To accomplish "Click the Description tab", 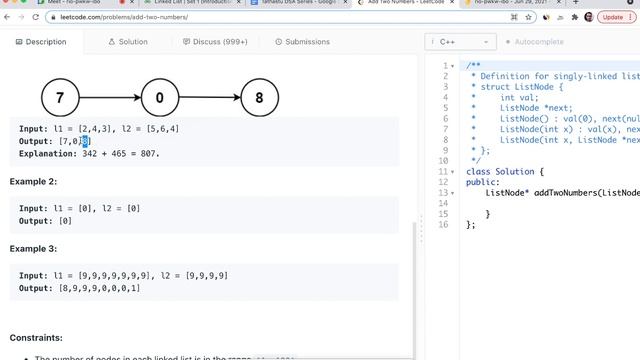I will coord(41,42).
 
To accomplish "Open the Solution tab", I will coord(128,42).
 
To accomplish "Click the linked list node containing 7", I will coord(60,98).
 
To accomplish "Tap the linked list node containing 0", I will coord(160,98).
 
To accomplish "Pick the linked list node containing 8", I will coord(260,98).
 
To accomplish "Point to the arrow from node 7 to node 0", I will coord(110,98).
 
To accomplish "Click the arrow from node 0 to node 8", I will coord(210,98).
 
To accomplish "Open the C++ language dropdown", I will coord(461,42).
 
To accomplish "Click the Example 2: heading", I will coord(33,181).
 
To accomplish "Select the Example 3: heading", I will coord(33,248).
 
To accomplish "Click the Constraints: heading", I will coord(36,338).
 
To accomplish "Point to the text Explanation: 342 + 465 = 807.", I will coord(89,154).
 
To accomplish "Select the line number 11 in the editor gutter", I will coord(443,171).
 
